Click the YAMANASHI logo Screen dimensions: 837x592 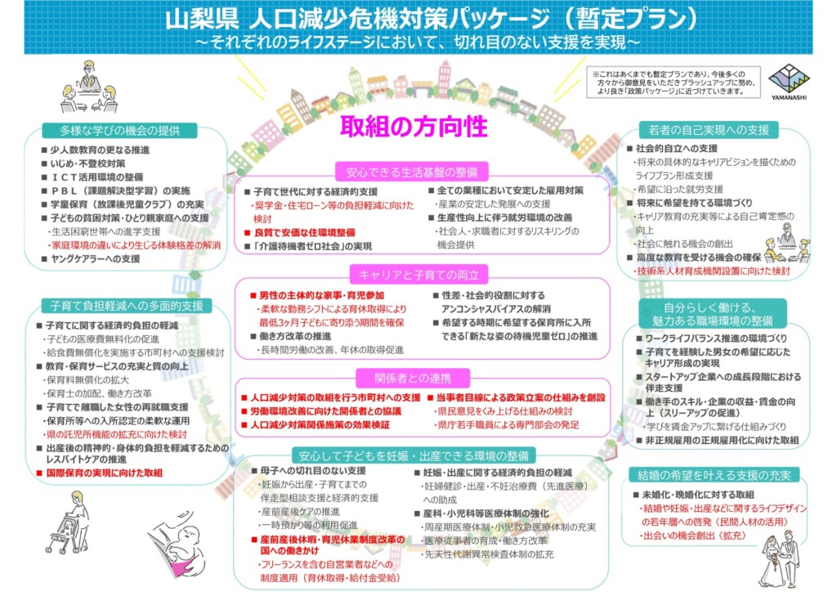[789, 82]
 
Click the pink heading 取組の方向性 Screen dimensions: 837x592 [414, 127]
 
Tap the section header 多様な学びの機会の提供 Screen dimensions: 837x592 [119, 130]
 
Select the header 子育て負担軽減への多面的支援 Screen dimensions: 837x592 [127, 306]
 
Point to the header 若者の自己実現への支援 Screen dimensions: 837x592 [709, 130]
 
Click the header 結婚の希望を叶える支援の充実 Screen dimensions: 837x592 [714, 474]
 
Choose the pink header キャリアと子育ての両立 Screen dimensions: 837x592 [418, 275]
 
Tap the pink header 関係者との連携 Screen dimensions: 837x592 [413, 379]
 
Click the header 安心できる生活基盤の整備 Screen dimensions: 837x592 [412, 172]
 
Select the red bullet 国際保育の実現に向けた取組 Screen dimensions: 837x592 [100, 473]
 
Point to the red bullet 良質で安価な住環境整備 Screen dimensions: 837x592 [300, 232]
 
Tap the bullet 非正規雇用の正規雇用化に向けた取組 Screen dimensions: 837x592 [718, 441]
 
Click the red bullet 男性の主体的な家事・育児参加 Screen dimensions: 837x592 [318, 295]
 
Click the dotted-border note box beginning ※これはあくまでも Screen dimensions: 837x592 [674, 83]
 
